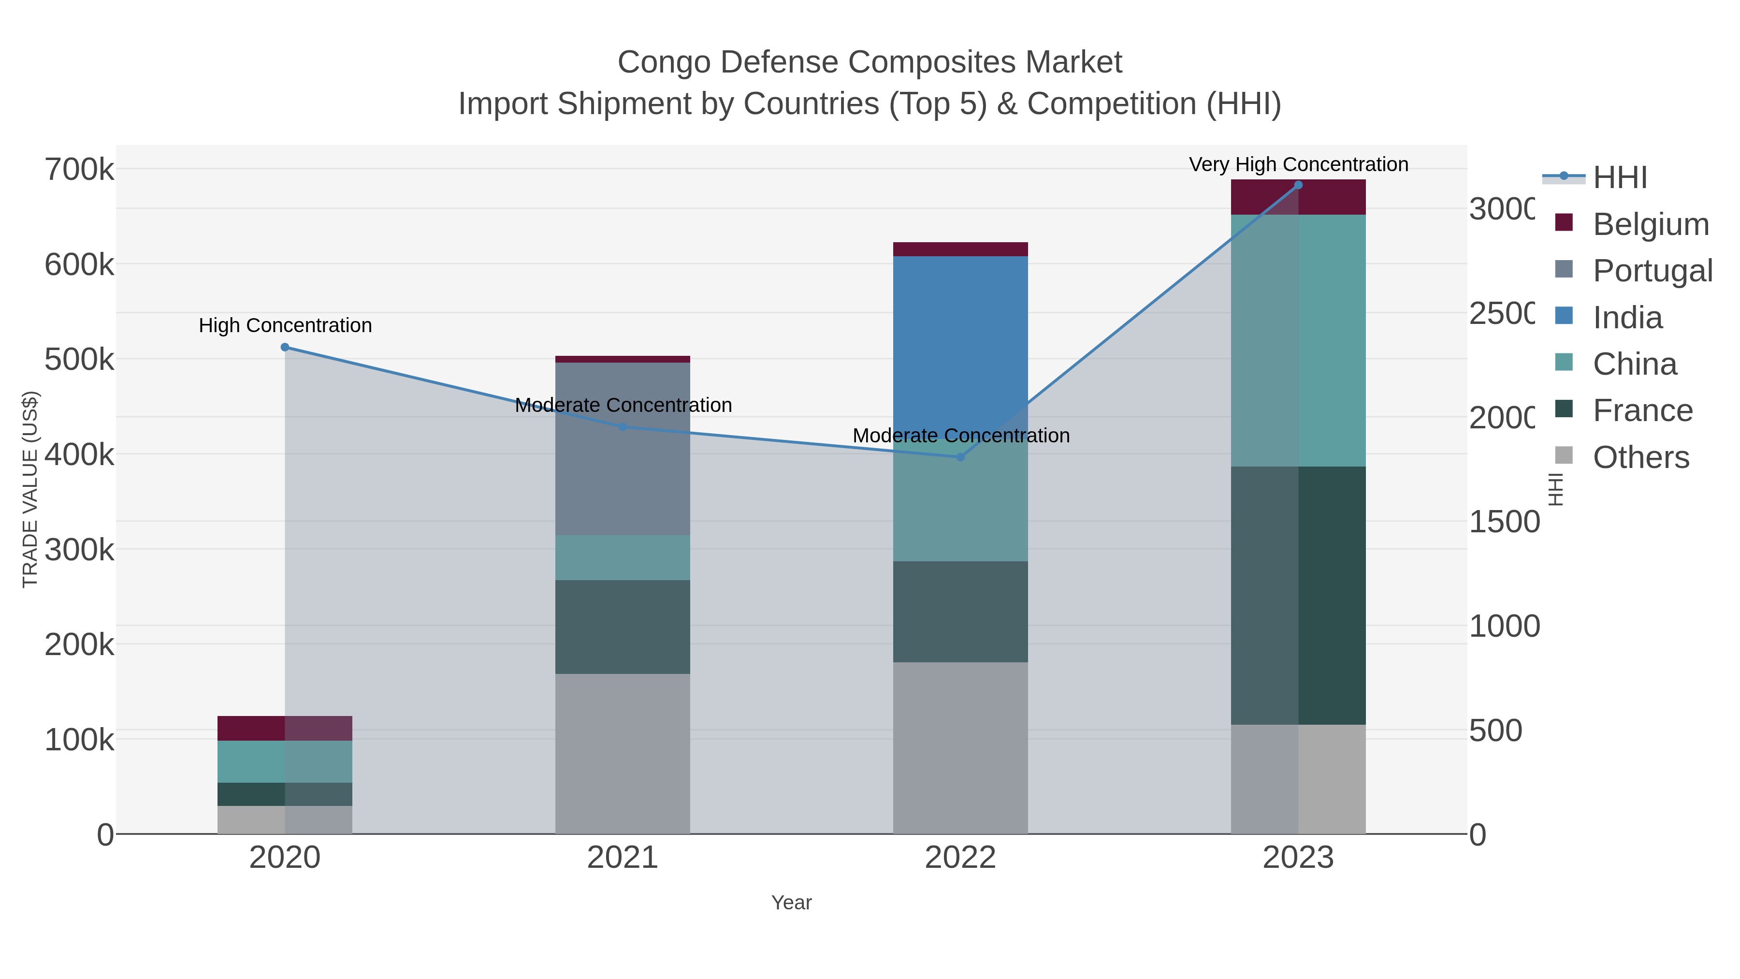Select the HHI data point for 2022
click(960, 457)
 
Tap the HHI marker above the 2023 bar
click(1298, 185)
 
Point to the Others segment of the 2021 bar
click(622, 753)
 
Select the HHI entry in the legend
click(1620, 178)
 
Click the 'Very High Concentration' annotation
click(1298, 165)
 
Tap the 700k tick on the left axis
click(79, 170)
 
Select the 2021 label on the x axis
click(622, 858)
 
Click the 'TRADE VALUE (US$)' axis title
click(30, 489)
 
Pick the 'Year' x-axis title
click(791, 903)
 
